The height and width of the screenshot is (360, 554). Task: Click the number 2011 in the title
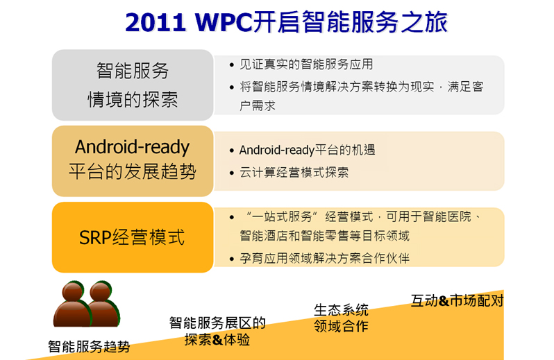click(156, 22)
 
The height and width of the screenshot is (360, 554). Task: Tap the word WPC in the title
click(224, 22)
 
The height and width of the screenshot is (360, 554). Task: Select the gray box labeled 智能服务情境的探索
click(133, 85)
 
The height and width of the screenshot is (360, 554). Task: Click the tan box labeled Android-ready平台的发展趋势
click(133, 161)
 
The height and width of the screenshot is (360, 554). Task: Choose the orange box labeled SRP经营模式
click(133, 237)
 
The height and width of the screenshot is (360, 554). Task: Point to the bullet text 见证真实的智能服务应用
click(306, 65)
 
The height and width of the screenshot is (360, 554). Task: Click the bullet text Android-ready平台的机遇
click(307, 150)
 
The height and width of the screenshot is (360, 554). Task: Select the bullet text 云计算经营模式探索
click(294, 172)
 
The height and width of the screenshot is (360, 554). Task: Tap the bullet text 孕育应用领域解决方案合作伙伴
click(324, 258)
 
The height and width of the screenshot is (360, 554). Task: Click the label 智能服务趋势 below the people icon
click(89, 347)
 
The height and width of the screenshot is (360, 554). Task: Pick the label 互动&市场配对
click(458, 300)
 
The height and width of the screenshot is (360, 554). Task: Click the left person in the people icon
click(72, 305)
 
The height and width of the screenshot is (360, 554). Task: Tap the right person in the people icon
click(103, 305)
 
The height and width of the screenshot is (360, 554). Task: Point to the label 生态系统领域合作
click(341, 318)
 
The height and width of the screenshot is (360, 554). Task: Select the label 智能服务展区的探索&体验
click(217, 331)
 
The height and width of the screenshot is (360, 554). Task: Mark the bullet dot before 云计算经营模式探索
click(232, 173)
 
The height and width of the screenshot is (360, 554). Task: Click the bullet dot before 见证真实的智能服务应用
click(232, 65)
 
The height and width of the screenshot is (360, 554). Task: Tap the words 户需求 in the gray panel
click(257, 105)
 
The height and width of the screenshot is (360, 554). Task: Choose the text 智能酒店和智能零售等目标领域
click(324, 236)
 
